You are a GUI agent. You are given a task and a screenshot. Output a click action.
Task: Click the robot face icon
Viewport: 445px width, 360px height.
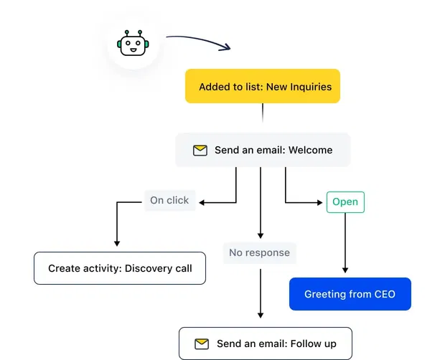point(133,45)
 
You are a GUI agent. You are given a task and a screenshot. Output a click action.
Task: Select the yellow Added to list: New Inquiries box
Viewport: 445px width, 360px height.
point(263,87)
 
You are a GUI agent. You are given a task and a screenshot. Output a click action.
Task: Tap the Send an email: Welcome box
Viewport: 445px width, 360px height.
point(263,150)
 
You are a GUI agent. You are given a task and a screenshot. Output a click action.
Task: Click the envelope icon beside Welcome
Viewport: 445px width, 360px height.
point(200,151)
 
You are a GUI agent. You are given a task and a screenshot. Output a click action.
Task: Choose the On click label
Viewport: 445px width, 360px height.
point(169,201)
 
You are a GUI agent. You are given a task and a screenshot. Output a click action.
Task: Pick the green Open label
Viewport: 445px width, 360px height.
point(345,202)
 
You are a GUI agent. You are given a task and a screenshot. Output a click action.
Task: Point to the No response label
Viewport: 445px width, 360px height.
point(259,252)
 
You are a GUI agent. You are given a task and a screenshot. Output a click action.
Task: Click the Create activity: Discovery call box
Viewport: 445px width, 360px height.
point(120,268)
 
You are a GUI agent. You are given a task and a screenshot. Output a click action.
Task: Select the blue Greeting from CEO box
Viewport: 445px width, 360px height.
point(350,294)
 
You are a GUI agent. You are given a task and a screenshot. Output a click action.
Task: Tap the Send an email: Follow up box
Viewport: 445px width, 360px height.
point(266,344)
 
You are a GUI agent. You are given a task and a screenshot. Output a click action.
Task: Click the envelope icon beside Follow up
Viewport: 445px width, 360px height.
point(202,344)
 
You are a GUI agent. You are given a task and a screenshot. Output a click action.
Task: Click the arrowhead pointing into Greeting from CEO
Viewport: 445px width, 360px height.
point(345,270)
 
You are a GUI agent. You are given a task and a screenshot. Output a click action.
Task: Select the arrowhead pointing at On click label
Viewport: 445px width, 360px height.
point(203,202)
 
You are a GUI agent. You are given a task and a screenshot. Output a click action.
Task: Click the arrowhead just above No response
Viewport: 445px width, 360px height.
point(260,235)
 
